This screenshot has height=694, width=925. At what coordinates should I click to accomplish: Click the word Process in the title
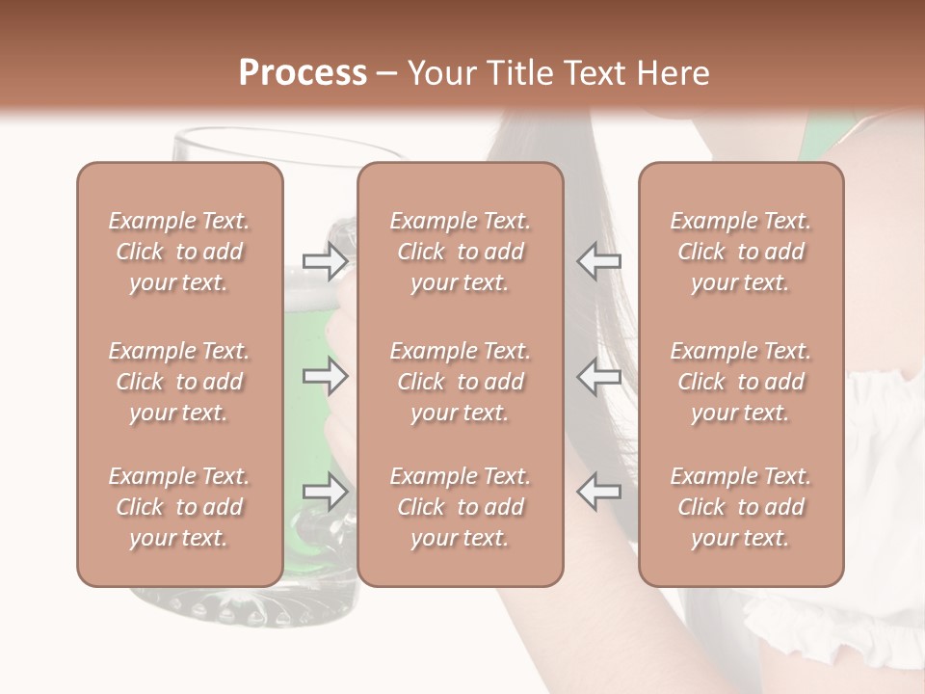(303, 73)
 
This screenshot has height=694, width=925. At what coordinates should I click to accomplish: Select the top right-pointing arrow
(326, 260)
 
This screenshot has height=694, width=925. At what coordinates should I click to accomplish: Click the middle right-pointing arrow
(326, 376)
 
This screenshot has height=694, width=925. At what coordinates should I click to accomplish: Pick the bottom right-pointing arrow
(326, 492)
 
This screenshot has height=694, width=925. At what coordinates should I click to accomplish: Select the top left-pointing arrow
(598, 260)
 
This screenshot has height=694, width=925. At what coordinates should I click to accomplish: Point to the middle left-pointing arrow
(598, 376)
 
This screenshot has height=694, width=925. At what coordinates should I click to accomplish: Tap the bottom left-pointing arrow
(598, 492)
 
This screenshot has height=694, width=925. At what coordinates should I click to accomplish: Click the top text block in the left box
(179, 252)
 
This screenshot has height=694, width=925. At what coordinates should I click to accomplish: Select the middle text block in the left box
(179, 382)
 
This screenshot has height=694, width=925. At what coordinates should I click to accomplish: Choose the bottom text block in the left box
(179, 507)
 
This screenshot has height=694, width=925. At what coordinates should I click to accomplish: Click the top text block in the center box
(460, 252)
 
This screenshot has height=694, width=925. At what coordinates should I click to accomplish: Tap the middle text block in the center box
(460, 382)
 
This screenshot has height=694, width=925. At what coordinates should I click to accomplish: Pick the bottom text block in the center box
(460, 507)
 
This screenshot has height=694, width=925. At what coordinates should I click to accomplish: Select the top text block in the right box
(740, 252)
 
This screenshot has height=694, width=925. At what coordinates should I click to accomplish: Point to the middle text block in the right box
(740, 382)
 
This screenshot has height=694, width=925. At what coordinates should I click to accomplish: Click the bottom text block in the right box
(740, 507)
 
